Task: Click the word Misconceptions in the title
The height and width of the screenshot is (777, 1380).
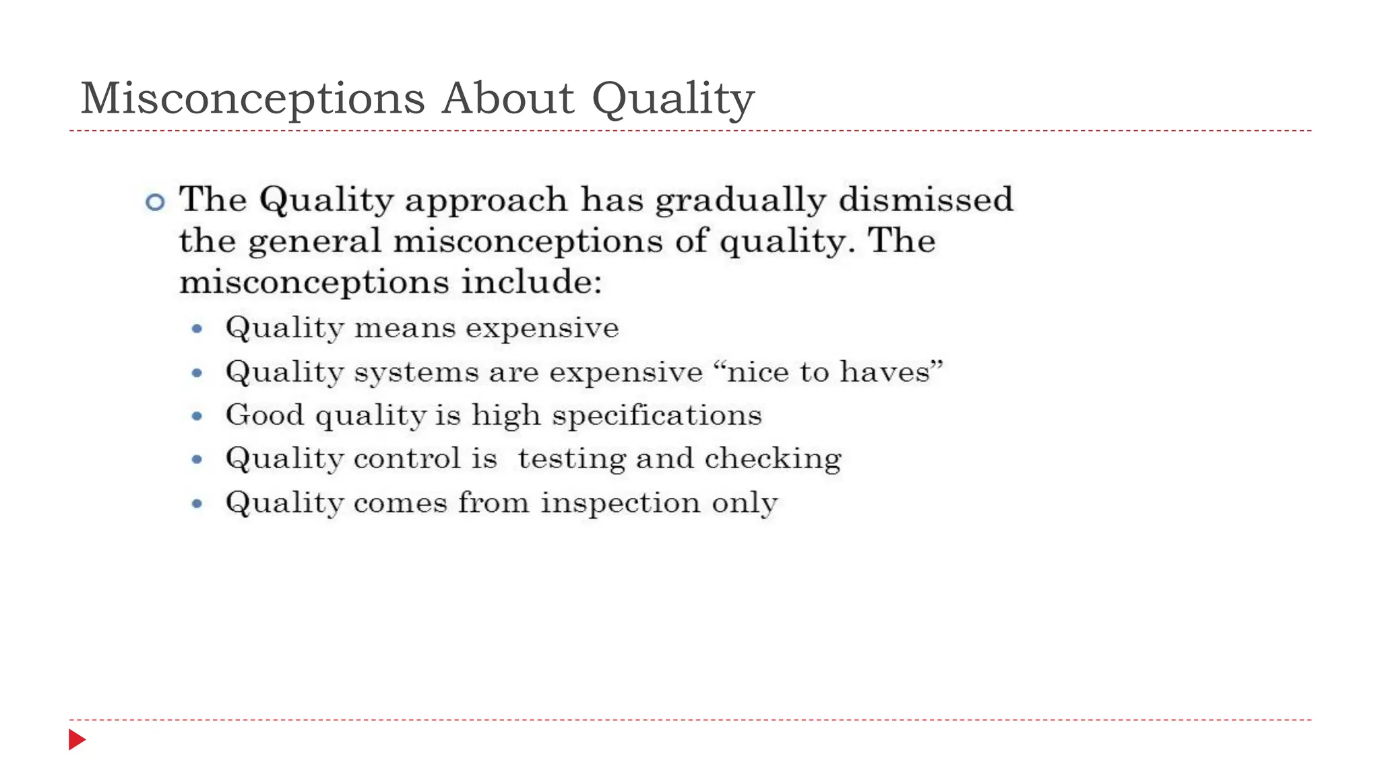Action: click(x=253, y=98)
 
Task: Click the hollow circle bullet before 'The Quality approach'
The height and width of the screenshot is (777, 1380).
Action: click(x=155, y=202)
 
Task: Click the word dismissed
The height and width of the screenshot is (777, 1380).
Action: click(x=926, y=200)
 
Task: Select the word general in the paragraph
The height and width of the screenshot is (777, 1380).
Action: click(x=315, y=242)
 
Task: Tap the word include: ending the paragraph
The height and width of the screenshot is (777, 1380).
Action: click(x=532, y=282)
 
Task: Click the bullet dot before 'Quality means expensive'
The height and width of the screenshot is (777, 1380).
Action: click(x=197, y=329)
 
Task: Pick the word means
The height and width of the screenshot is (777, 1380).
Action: click(x=405, y=328)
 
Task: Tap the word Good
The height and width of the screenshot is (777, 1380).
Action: click(x=265, y=415)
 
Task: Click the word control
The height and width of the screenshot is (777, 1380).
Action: click(x=407, y=459)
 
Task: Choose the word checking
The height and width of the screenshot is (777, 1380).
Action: click(x=773, y=459)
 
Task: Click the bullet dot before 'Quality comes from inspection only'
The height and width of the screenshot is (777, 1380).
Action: click(x=197, y=503)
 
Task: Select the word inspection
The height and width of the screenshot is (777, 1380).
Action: click(x=621, y=503)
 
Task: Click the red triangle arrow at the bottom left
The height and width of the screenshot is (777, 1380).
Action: click(x=77, y=740)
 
